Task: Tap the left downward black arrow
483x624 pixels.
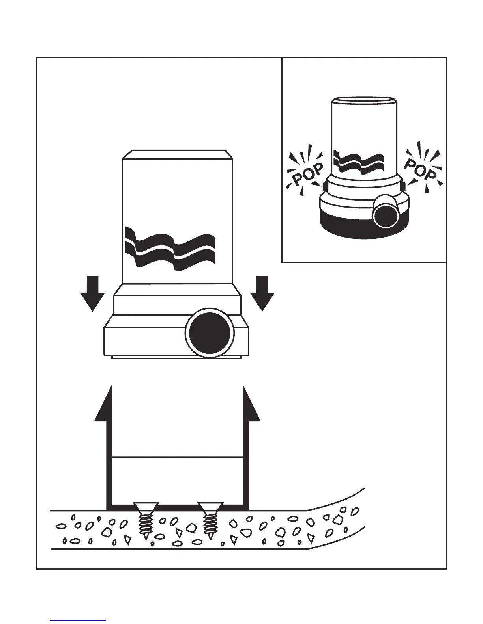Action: (92, 293)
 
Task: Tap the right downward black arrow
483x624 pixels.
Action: (262, 293)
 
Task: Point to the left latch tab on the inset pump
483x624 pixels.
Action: (325, 186)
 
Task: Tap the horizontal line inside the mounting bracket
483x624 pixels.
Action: (177, 458)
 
